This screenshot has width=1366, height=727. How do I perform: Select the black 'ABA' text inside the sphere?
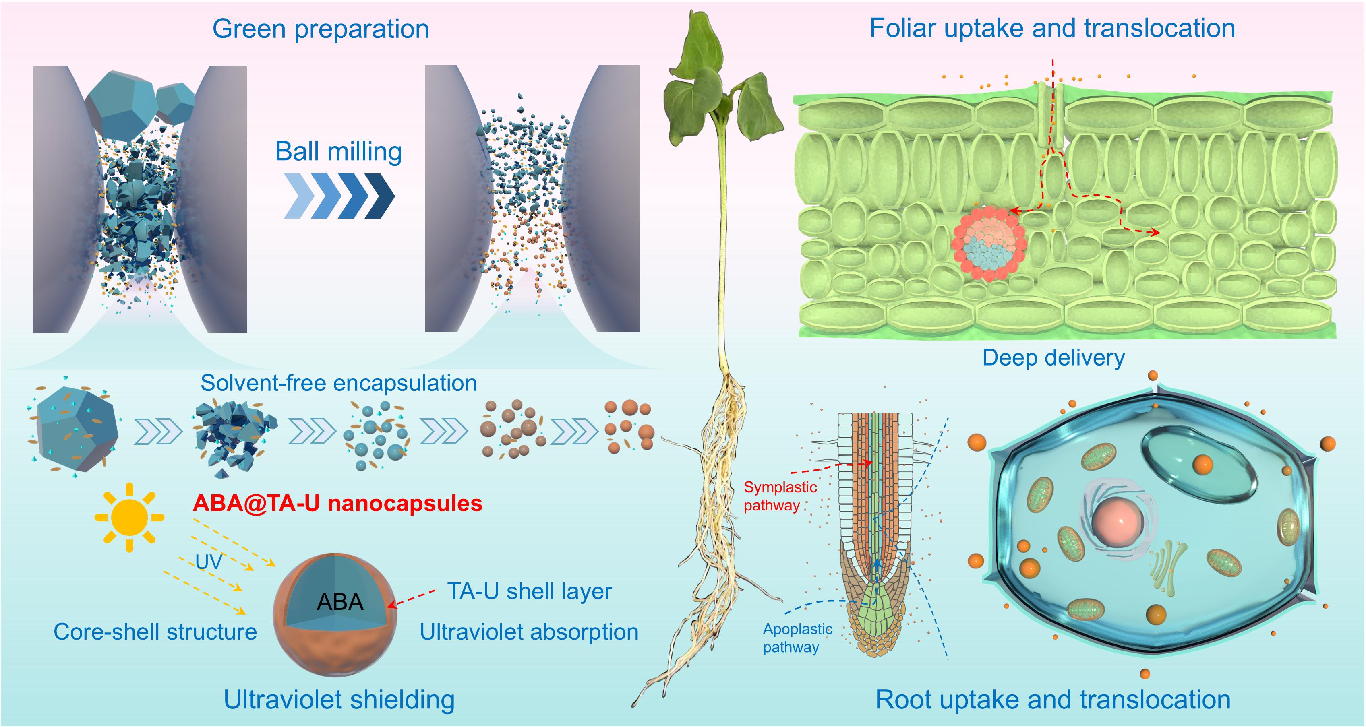point(340,602)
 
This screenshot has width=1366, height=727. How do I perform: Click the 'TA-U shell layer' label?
point(529,591)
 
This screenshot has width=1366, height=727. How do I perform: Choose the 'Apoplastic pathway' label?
point(797,638)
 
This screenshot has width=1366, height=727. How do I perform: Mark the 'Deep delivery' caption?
point(1053,358)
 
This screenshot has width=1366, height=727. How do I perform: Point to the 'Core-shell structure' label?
point(155,632)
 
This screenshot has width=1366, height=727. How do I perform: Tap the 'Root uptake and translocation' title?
point(1053,700)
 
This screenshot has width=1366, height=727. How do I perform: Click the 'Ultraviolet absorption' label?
point(529,632)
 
